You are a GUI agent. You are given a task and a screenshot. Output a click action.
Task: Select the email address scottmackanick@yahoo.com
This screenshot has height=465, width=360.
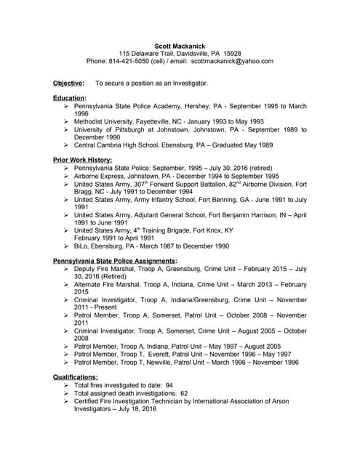231,62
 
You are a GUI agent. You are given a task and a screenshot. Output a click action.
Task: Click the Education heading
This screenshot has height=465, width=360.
70,97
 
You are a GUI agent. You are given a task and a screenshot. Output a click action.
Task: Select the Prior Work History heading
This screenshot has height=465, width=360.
82,159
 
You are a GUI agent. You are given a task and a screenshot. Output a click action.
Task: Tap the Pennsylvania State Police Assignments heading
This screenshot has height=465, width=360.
115,260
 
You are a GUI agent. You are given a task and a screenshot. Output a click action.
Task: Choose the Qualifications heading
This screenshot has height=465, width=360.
76,377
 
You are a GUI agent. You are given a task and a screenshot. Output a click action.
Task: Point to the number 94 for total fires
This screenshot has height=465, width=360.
169,385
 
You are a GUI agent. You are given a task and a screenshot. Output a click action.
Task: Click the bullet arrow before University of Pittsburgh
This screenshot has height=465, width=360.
66,129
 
